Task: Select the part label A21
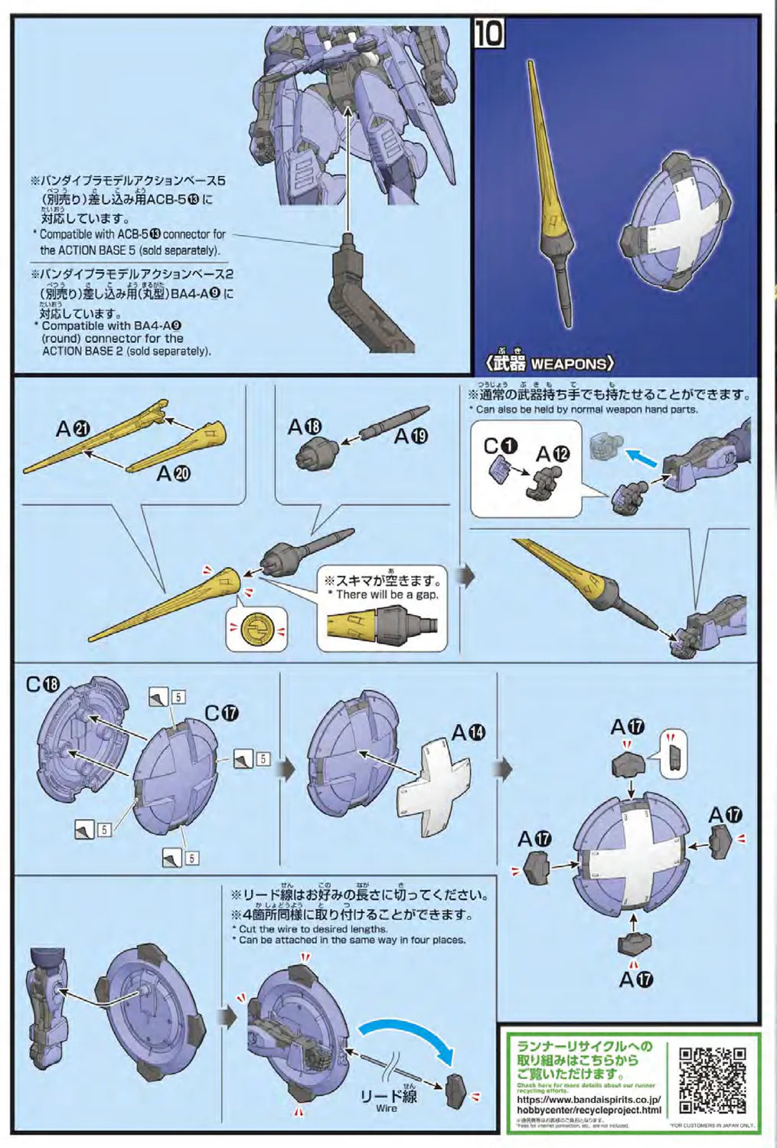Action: point(73,429)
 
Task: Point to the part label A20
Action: point(173,474)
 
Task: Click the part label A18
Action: point(304,427)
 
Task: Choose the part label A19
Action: point(410,436)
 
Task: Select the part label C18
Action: point(43,684)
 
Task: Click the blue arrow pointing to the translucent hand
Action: point(640,456)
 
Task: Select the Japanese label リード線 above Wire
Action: point(388,1095)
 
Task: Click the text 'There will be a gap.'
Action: point(387,595)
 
